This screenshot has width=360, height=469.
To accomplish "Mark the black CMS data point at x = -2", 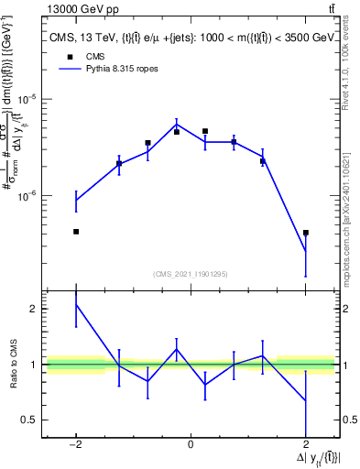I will click(76, 232).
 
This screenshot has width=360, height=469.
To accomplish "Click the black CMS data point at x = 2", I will click(305, 233).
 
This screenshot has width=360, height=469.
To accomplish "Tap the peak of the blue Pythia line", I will click(177, 125).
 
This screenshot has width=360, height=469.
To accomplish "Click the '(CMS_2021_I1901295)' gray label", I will click(190, 274).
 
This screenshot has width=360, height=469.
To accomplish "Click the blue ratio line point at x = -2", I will click(76, 304).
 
